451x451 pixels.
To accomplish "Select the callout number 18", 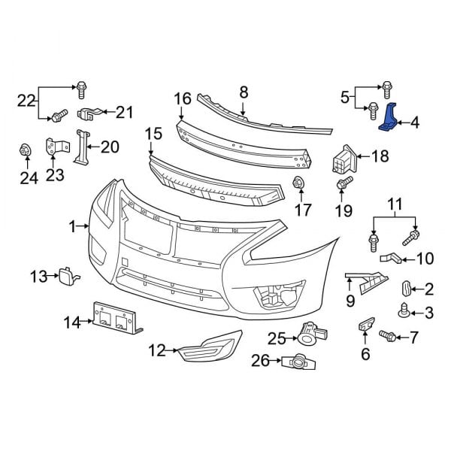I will point(380,156).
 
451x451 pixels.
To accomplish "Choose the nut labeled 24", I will point(24,151).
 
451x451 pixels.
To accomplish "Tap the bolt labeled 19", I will point(343,183).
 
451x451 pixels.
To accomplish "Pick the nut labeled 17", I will point(298,183).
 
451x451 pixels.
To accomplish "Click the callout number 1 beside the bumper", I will point(73,225).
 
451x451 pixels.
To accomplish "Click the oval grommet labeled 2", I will point(407,287).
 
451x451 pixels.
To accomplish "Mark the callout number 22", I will point(26,100).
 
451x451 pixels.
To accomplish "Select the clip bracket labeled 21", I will point(89,115).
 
